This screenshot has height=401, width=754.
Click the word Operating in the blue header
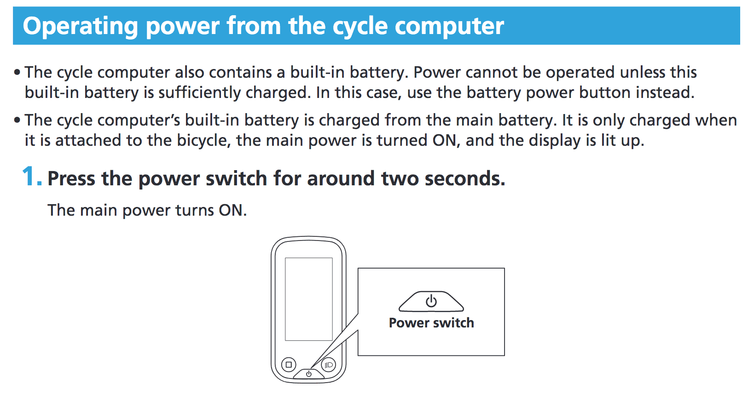click(80, 27)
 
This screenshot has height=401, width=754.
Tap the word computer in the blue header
click(449, 26)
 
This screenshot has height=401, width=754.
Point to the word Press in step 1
click(71, 178)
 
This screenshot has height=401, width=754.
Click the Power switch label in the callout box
click(431, 323)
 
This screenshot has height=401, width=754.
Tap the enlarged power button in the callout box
click(431, 301)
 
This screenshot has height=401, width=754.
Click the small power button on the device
click(309, 374)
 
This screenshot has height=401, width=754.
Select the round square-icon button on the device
click(289, 364)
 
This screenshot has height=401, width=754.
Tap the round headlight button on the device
click(329, 365)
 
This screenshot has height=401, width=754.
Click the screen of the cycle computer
click(309, 299)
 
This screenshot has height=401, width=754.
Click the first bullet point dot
click(17, 72)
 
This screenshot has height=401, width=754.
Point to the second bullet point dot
click(17, 120)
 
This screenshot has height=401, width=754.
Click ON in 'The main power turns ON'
click(232, 210)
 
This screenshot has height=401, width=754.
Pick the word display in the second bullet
click(554, 140)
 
